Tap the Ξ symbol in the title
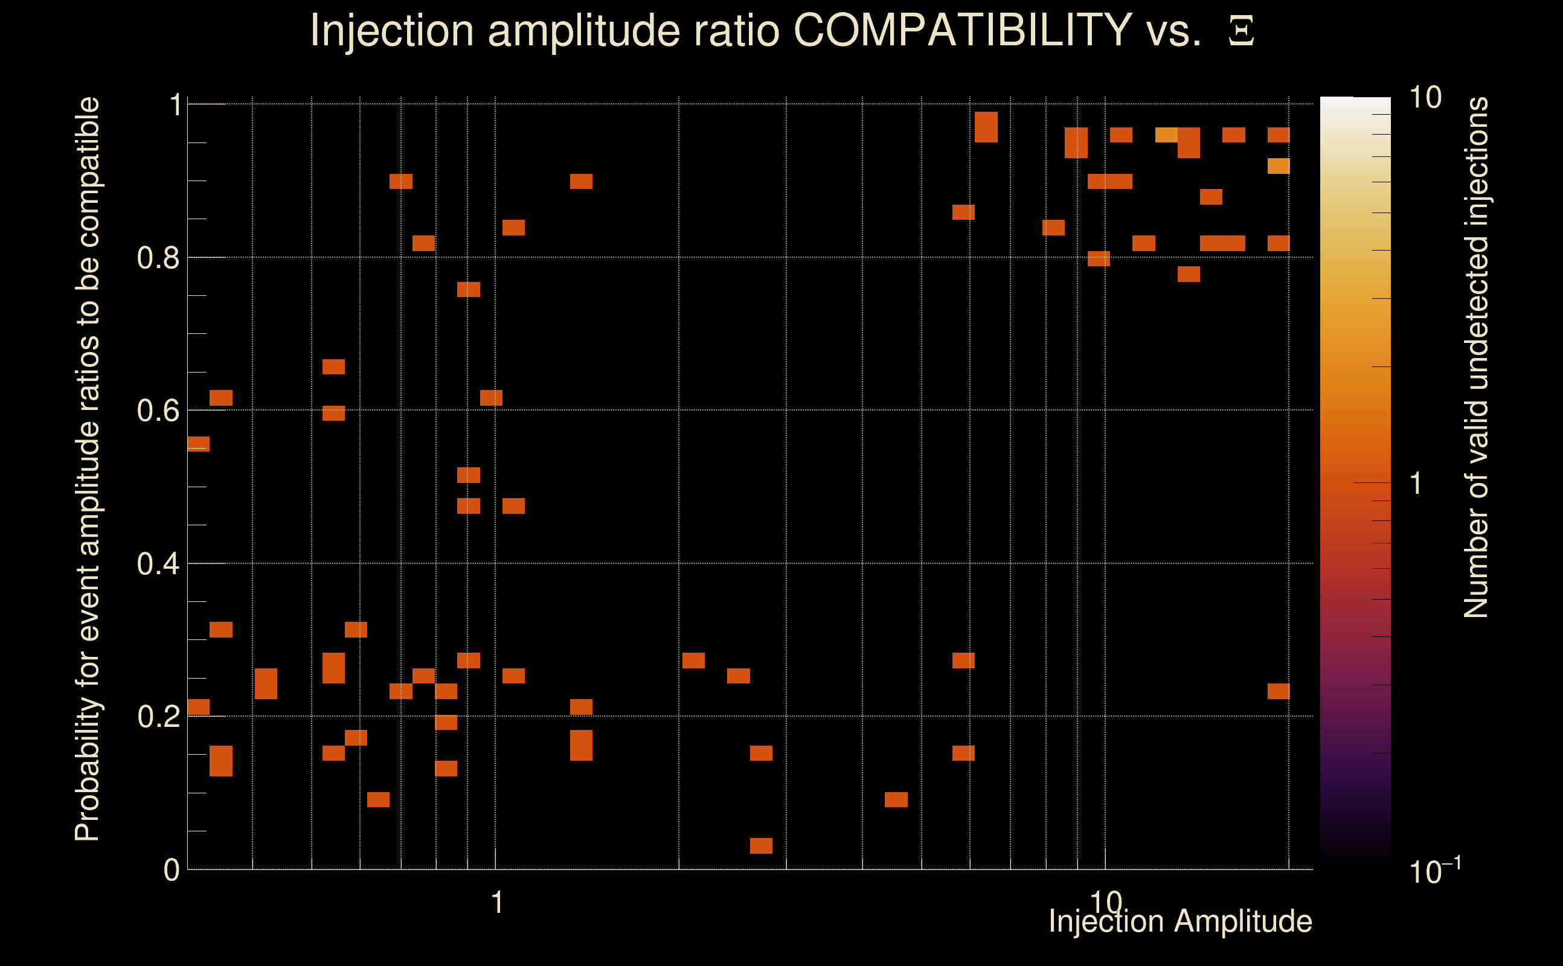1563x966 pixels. point(1241,31)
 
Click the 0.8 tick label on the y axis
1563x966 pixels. point(158,258)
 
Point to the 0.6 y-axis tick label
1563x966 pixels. point(158,411)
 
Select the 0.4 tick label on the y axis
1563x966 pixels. point(158,564)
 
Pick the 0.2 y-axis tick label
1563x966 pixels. point(158,717)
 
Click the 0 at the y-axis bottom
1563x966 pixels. point(172,870)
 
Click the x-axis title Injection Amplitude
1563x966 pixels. point(1180,921)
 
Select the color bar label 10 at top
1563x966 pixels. point(1425,98)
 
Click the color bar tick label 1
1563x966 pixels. point(1416,484)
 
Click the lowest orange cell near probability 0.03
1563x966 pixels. point(760,846)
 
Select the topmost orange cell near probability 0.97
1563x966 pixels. point(986,127)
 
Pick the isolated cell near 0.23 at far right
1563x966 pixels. point(1278,691)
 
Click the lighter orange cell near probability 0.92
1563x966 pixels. point(1278,166)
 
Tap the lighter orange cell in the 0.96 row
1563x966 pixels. point(1166,135)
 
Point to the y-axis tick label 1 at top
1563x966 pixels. point(175,106)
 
